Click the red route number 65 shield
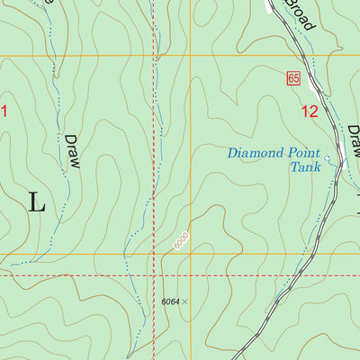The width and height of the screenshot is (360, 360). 293,79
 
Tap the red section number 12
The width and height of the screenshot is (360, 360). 309,112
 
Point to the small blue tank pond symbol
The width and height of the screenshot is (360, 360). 328,160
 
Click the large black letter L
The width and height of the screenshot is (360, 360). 36,202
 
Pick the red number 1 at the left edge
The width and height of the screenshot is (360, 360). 4,112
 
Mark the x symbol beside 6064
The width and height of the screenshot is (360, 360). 185,302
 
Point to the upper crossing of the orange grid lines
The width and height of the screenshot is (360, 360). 191,57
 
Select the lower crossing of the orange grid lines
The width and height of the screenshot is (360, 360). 191,254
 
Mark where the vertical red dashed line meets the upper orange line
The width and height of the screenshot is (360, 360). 154,57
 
